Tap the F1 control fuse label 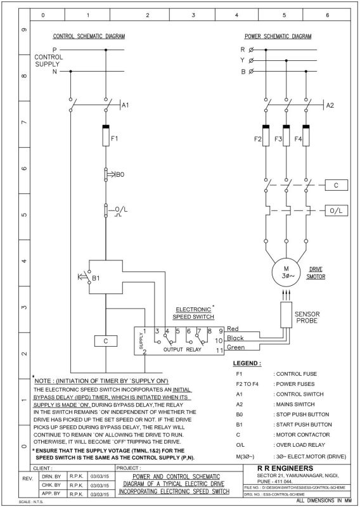(x=115, y=137)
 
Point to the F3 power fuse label (x=278, y=139)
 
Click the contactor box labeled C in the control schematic (x=105, y=341)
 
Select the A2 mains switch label (x=330, y=105)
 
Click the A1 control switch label (x=125, y=105)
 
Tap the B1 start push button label (x=96, y=278)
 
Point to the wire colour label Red (x=233, y=329)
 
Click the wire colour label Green (x=235, y=347)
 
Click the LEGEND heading (x=247, y=364)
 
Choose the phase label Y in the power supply (x=242, y=60)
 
